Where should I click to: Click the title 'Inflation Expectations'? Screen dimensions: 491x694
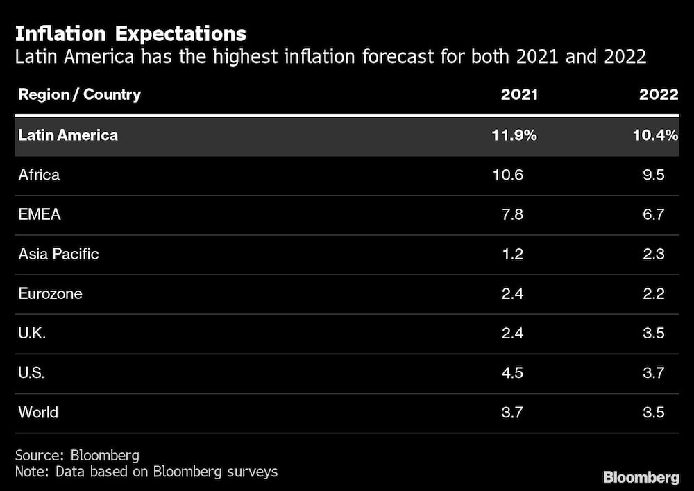point(130,33)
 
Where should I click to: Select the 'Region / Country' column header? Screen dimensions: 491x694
point(79,94)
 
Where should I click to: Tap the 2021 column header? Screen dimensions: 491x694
point(519,95)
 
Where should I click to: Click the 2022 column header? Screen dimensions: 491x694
point(658,95)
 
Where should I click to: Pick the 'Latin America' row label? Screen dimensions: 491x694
point(68,135)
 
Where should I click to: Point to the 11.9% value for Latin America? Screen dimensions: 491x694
point(514,135)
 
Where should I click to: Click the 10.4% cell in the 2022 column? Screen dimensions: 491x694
point(654,135)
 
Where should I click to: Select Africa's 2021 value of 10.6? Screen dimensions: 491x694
point(507,175)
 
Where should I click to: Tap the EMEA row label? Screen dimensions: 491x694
point(40,214)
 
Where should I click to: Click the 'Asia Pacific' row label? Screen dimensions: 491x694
point(58,254)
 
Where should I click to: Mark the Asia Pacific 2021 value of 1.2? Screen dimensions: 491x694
point(511,254)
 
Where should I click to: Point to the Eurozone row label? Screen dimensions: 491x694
point(50,293)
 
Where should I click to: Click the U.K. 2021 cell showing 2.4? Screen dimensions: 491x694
point(511,333)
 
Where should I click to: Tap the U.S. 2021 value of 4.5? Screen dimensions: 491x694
point(511,373)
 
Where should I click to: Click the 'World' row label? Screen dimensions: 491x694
point(38,413)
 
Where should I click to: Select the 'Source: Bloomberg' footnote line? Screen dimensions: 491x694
point(77,456)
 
